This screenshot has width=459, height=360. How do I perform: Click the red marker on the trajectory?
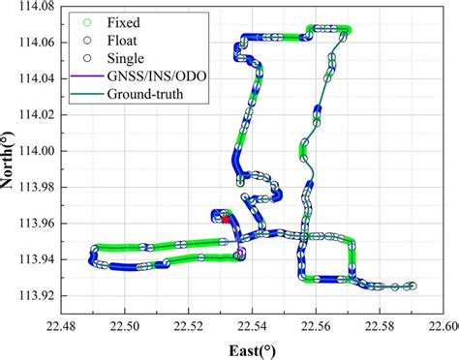click(x=226, y=220)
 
